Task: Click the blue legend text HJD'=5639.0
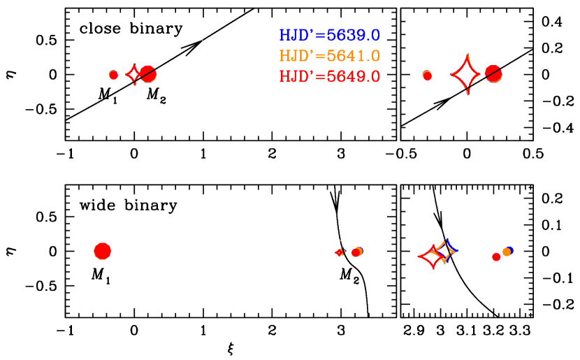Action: (329, 36)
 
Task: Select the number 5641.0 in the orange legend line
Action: (353, 56)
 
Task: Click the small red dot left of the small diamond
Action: (113, 75)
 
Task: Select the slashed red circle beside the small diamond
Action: (148, 74)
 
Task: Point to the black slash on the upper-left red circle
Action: (147, 73)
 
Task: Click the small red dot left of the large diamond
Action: (427, 75)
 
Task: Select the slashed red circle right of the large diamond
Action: (493, 73)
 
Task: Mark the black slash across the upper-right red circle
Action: (493, 72)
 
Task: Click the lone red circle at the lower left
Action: (103, 251)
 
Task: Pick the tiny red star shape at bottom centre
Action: (340, 252)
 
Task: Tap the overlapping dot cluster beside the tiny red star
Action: (356, 252)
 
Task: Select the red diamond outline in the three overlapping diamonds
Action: (421, 257)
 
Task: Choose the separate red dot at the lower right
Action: (496, 257)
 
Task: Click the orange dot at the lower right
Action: (506, 252)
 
